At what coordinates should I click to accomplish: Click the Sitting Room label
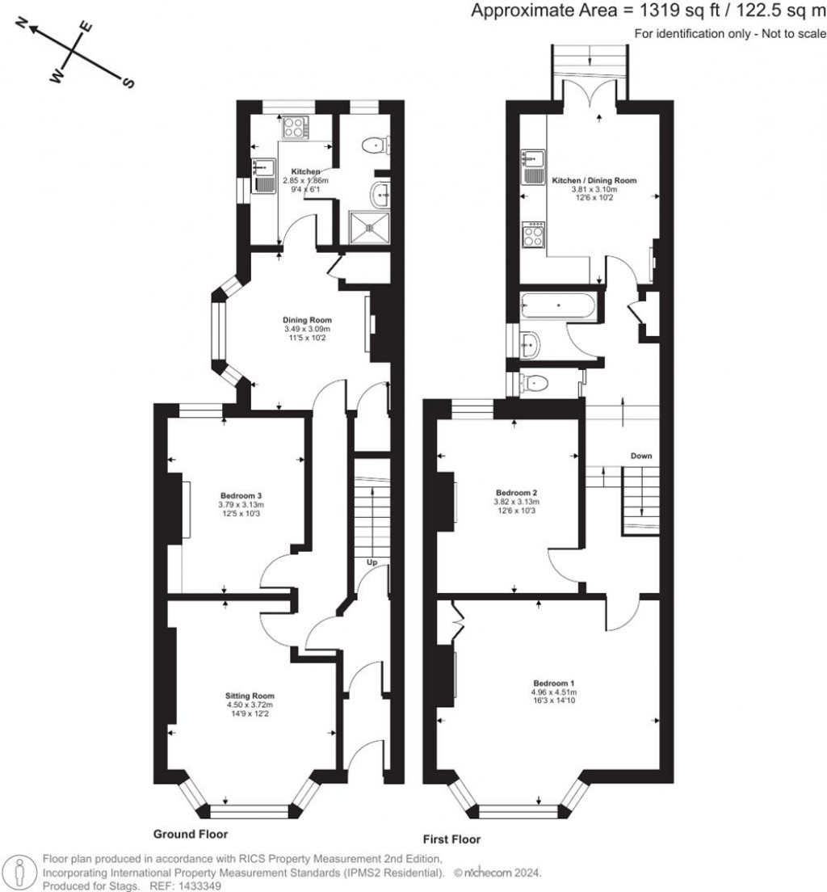click(x=250, y=696)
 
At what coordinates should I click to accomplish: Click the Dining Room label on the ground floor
click(x=306, y=319)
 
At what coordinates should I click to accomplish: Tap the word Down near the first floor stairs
click(x=641, y=457)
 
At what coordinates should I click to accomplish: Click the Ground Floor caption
click(x=191, y=834)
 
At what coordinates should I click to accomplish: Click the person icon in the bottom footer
click(x=19, y=873)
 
